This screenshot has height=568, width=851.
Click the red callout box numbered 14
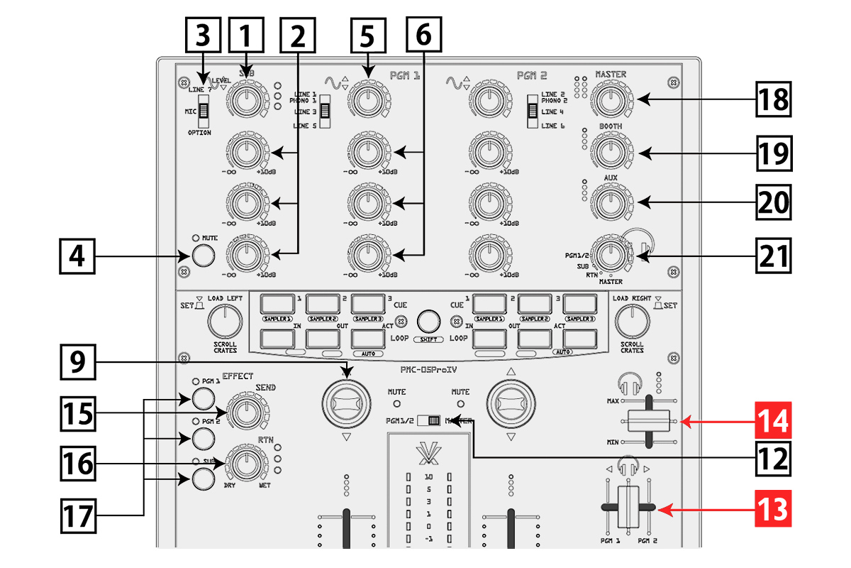click(x=770, y=422)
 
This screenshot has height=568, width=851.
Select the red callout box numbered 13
click(x=770, y=509)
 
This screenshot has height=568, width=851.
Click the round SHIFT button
click(x=428, y=321)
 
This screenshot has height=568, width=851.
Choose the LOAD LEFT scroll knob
click(x=225, y=323)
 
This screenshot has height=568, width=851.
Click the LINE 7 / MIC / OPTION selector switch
click(x=204, y=111)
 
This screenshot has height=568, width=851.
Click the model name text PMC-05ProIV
click(x=429, y=369)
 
